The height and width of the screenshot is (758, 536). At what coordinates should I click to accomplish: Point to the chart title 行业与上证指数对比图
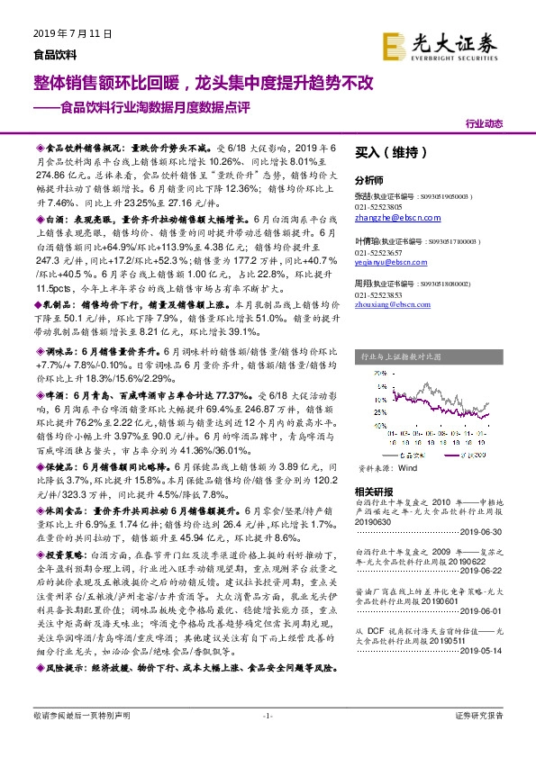[401, 356]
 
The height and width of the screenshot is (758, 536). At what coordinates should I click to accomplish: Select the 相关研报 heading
[375, 492]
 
